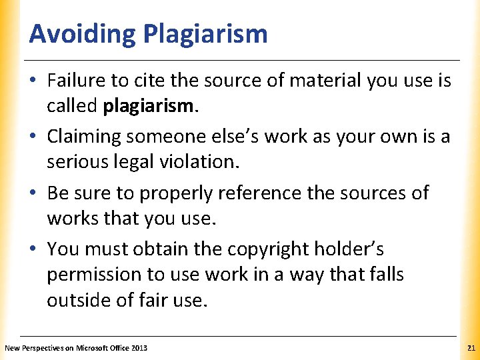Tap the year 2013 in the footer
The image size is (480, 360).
pyautogui.click(x=139, y=348)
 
